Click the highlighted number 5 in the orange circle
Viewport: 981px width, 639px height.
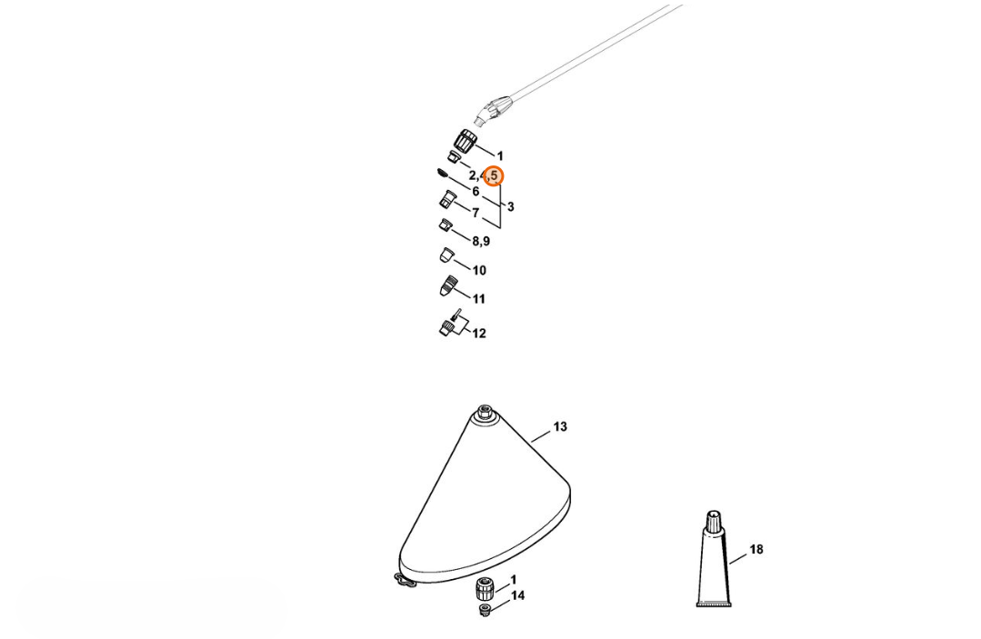[494, 176]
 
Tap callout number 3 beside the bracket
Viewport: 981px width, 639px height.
[511, 206]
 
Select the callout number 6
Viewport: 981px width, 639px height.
[475, 191]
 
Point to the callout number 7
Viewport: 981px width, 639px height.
[475, 214]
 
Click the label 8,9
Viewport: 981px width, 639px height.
[481, 242]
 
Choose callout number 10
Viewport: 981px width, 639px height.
[479, 270]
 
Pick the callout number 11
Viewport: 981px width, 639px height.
[478, 299]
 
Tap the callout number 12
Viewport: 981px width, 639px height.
[479, 334]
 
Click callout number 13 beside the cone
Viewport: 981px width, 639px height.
[560, 426]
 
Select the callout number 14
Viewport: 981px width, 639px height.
[518, 595]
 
